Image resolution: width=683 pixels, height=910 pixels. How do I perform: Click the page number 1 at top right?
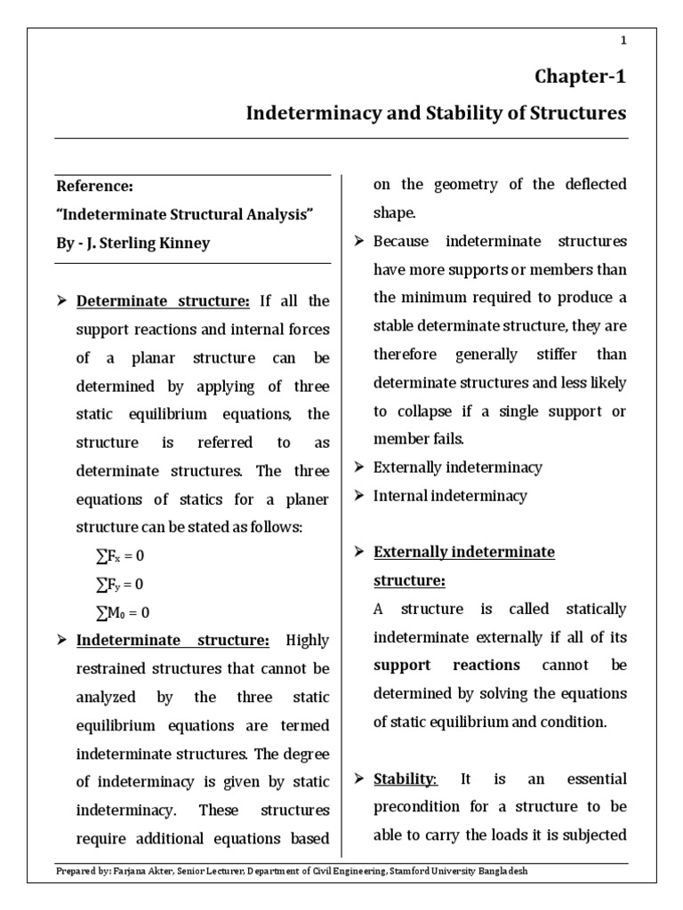tap(623, 41)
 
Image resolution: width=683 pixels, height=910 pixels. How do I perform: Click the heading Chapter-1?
tap(581, 76)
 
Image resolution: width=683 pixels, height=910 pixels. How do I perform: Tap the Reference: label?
tap(95, 187)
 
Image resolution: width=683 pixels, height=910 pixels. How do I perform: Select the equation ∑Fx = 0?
tap(119, 555)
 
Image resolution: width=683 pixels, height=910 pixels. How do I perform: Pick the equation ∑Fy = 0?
tap(119, 584)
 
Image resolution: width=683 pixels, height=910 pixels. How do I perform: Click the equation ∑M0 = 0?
tap(122, 612)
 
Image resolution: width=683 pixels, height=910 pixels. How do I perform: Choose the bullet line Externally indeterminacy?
tap(457, 467)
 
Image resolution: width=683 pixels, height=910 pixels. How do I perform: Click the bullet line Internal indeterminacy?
tap(450, 496)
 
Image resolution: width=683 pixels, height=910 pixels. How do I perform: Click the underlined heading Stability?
tap(405, 779)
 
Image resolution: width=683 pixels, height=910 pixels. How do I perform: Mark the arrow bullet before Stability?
tap(359, 779)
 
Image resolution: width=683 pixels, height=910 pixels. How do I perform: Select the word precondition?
tap(418, 808)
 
